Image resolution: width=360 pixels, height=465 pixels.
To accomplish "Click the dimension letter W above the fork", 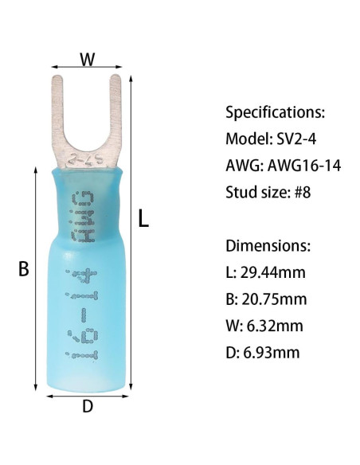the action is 88,59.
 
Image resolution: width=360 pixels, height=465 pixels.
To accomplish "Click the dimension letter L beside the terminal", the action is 143,218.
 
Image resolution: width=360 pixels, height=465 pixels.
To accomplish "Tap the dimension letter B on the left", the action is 24,268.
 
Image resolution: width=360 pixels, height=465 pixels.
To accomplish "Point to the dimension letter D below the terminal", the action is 88,406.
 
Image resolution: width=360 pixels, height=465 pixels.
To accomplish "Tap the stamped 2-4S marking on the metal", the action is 85,160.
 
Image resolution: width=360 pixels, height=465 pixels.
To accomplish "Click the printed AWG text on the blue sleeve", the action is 83,217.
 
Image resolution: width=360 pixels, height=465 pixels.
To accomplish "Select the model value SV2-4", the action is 296,139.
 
